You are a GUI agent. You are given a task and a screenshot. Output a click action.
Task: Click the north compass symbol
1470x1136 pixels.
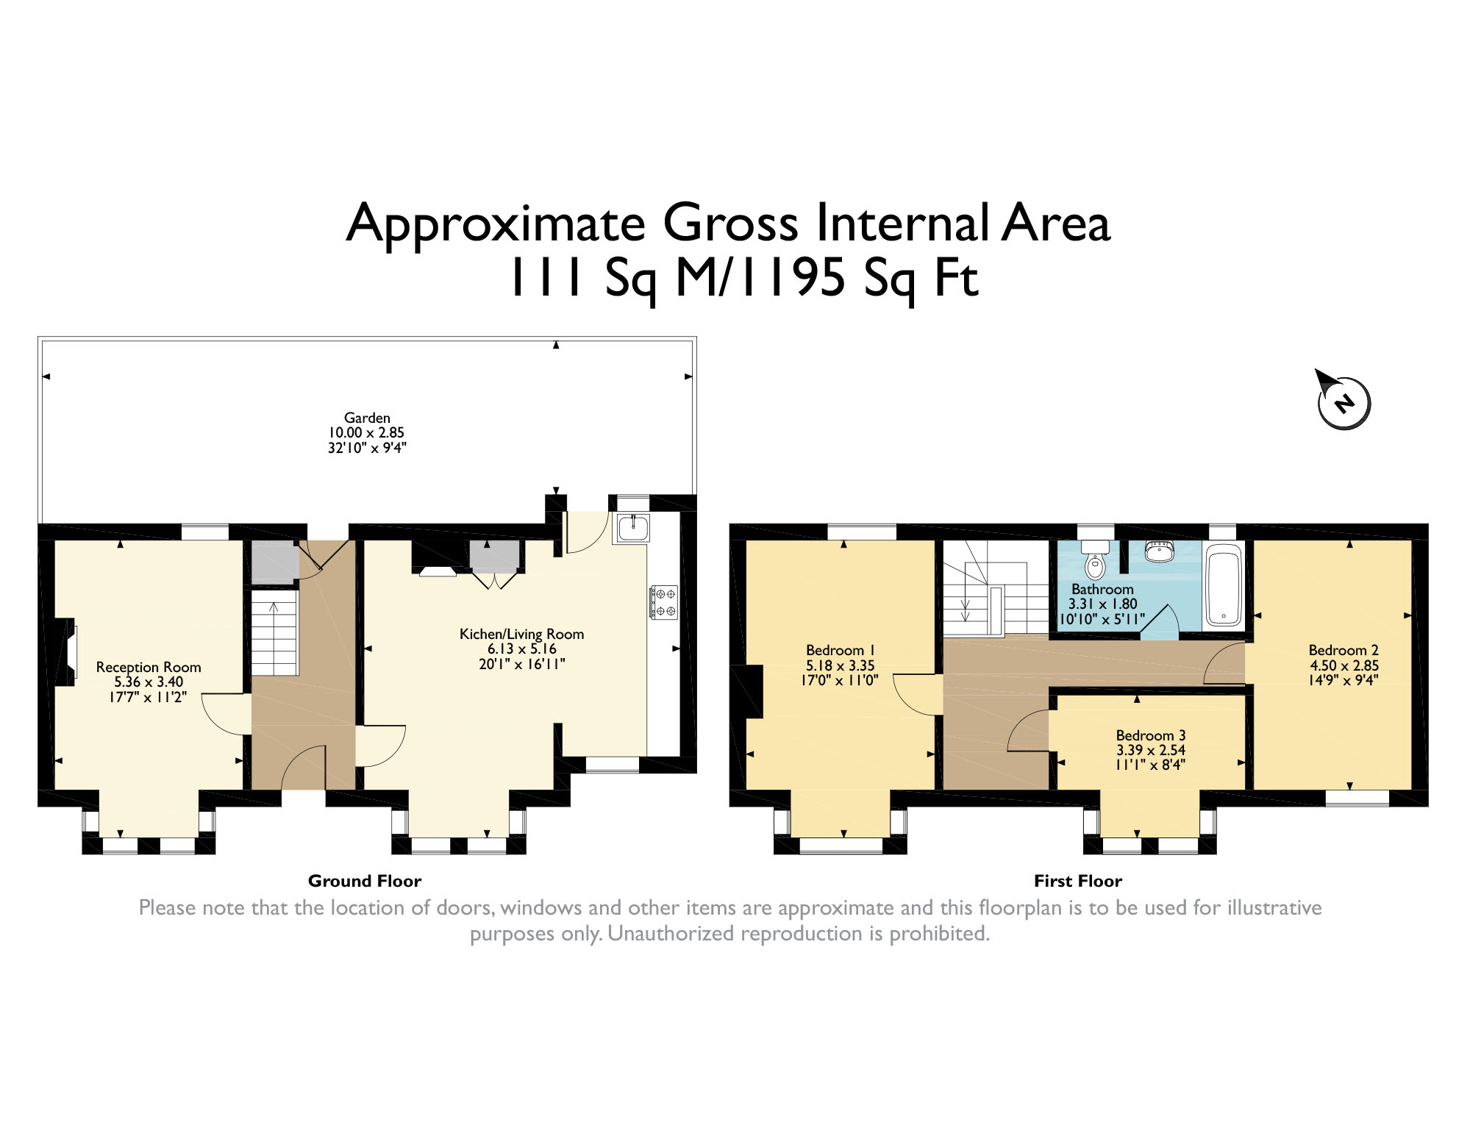coord(1344,401)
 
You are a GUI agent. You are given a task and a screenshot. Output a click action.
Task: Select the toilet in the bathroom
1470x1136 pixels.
coord(1095,559)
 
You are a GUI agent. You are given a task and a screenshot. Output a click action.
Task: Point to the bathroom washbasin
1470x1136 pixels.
coord(1160,551)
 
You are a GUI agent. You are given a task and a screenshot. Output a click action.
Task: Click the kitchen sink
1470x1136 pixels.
coord(632,529)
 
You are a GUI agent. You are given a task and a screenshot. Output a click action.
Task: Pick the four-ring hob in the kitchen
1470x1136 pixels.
coord(663,602)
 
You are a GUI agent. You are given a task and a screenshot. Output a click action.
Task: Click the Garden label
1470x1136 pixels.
coord(367,418)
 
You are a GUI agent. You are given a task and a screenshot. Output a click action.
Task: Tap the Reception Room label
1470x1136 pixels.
coord(149,667)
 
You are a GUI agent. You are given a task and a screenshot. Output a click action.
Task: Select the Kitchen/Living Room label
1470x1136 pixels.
coord(521,634)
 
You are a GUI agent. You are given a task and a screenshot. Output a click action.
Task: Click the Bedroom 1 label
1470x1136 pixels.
coord(840,650)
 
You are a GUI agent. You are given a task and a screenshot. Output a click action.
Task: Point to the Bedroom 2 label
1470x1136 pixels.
coord(1344,650)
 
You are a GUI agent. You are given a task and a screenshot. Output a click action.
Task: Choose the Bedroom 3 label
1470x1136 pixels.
coord(1151,735)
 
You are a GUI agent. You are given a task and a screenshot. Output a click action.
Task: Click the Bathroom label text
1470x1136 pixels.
coord(1102,589)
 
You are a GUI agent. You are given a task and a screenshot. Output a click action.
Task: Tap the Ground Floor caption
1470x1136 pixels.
coord(365,881)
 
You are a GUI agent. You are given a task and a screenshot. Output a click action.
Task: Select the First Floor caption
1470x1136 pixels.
coord(1078,881)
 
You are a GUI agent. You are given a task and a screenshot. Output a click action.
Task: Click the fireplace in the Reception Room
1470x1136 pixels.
coord(65,651)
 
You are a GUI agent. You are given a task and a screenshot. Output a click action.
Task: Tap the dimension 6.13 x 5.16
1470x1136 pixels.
coord(521,649)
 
